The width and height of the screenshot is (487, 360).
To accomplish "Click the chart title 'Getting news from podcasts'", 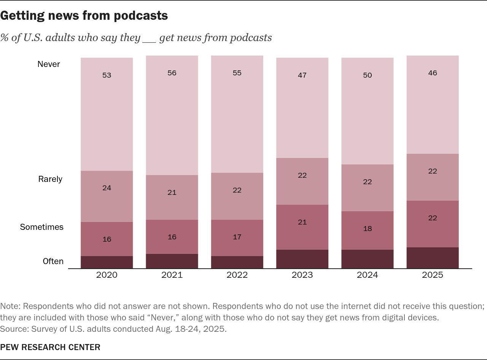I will click(84, 16).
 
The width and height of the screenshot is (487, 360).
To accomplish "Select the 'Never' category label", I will click(49, 64).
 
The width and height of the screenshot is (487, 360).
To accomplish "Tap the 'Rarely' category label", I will click(50, 179).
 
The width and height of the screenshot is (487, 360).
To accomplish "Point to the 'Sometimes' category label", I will click(42, 227).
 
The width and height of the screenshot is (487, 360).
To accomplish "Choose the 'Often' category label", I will click(53, 261).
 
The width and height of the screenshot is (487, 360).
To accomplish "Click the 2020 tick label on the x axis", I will click(107, 275).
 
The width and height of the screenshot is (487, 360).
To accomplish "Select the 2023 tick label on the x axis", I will click(302, 275).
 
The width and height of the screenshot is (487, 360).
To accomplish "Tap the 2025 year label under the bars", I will click(433, 275).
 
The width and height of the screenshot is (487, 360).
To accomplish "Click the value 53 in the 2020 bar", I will click(107, 75).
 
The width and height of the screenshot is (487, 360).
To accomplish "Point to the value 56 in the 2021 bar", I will click(172, 73).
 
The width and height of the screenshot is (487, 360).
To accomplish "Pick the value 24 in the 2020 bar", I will click(107, 188).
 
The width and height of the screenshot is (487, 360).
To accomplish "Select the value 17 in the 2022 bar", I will click(237, 237).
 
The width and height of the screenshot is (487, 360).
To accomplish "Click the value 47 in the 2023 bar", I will click(302, 75).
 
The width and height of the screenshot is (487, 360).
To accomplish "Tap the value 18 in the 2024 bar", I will click(368, 229).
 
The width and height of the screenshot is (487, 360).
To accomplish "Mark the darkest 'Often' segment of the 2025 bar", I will click(433, 258).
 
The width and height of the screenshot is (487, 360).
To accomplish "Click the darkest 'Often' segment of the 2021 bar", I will click(172, 261).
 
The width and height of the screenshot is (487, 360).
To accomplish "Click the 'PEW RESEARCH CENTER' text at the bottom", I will click(50, 347).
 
